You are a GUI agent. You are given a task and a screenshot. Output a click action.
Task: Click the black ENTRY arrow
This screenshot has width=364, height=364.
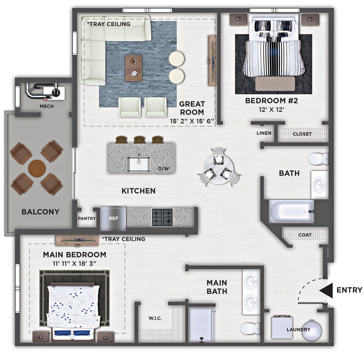coord(326,290)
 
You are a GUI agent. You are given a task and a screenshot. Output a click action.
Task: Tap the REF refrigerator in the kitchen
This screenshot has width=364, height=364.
coord(113,218)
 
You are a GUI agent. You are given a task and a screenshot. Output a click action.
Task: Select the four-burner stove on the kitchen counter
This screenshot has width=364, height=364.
coord(162,217)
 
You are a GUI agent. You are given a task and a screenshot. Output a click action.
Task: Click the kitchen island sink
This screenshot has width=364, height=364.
coord(138,164)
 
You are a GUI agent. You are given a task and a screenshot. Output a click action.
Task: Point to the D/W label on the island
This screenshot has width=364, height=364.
coord(163,169)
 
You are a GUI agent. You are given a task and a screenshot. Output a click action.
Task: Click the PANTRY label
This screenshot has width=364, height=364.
coord(87,218)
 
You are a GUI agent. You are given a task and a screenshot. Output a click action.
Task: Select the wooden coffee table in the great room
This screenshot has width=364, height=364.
coord(134,68)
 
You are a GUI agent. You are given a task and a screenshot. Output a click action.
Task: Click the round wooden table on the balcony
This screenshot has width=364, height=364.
coord(37,169)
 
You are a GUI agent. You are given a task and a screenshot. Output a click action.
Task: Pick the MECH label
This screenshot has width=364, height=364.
coord(47,106)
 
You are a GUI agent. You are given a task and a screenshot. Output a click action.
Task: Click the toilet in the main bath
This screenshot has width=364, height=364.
coord(250,328)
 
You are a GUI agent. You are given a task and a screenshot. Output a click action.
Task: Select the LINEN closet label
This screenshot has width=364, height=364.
coord(264,133)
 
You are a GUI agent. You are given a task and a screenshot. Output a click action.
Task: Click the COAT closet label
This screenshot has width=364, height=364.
coord(305,235)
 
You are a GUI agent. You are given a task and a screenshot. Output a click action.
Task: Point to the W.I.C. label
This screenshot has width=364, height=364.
coord(155,318)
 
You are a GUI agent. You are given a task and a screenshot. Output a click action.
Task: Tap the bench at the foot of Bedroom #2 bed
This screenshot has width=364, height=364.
coord(275,84)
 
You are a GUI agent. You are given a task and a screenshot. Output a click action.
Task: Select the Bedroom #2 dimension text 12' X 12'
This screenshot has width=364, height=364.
coord(272,110)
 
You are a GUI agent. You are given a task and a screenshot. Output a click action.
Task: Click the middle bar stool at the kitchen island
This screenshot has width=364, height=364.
coord(139,140)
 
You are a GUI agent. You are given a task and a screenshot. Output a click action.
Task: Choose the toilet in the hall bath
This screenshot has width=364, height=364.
coord(318,159)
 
